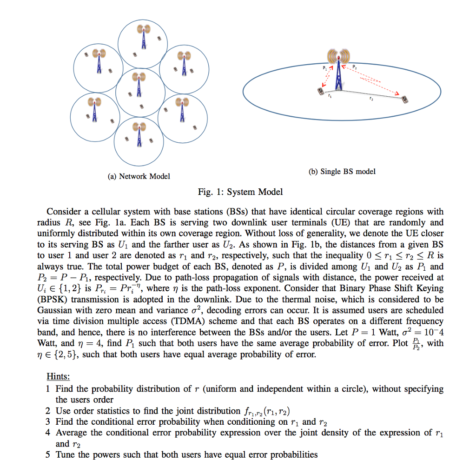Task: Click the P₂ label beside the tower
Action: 355,67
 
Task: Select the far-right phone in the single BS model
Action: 405,100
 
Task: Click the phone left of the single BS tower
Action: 320,92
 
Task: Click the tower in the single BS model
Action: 339,70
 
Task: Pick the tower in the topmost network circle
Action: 144,37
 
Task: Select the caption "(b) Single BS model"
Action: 342,172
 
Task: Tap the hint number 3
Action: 48,422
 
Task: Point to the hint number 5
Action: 48,454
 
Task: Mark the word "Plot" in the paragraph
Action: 391,343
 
